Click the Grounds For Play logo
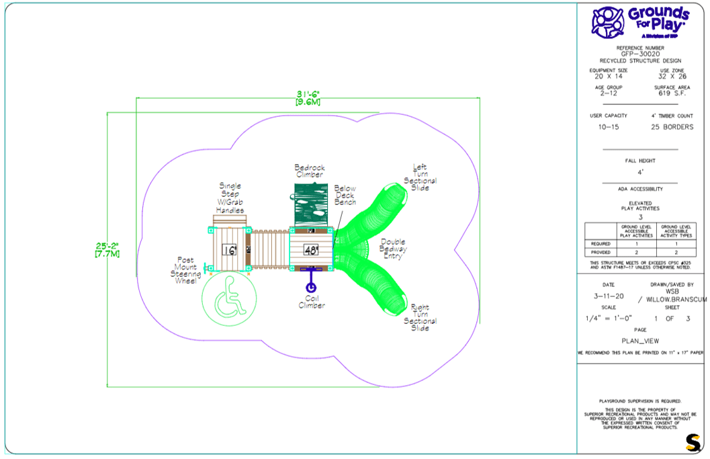[639, 22]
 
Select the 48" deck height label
[311, 250]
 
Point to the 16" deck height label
[230, 250]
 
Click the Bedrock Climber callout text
[309, 171]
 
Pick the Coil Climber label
[312, 302]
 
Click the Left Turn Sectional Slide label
[420, 177]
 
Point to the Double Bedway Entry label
[393, 249]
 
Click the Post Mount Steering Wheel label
[185, 269]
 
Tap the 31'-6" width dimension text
[308, 97]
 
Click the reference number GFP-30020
[640, 54]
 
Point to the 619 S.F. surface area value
[674, 95]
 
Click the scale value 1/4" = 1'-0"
[609, 318]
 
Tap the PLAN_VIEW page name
[640, 341]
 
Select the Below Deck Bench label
[345, 196]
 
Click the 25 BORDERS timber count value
[673, 127]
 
